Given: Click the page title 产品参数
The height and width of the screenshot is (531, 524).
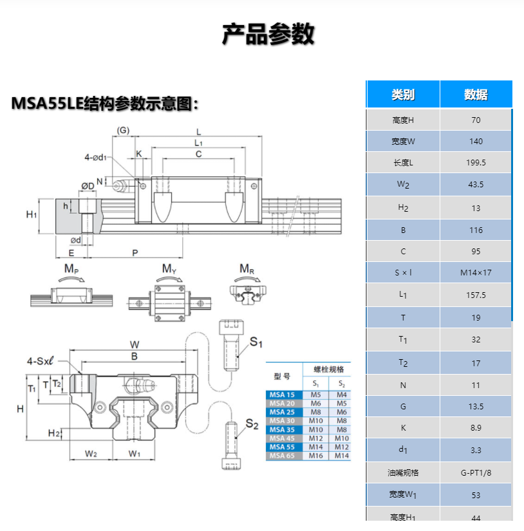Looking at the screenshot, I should pyautogui.click(x=268, y=33).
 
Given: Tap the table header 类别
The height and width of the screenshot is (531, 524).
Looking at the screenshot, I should pyautogui.click(x=403, y=95).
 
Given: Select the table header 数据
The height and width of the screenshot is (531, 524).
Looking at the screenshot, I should pyautogui.click(x=476, y=95).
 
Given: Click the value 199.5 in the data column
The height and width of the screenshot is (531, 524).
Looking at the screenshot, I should pyautogui.click(x=476, y=163).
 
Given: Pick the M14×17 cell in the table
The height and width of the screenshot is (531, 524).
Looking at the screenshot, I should pyautogui.click(x=476, y=272).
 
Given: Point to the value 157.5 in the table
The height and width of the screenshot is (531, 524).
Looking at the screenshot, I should pyautogui.click(x=476, y=295).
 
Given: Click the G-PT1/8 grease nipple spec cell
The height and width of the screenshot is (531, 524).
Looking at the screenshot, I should pyautogui.click(x=476, y=472).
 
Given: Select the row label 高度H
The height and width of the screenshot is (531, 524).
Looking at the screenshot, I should pyautogui.click(x=403, y=120).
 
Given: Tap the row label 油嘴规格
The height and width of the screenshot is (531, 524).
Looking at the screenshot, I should pyautogui.click(x=403, y=472).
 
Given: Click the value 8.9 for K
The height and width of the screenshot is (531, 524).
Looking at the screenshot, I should pyautogui.click(x=476, y=427).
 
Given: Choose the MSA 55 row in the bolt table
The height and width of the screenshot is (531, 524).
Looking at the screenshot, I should pyautogui.click(x=281, y=447).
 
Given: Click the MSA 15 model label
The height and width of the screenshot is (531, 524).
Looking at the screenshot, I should pyautogui.click(x=281, y=395).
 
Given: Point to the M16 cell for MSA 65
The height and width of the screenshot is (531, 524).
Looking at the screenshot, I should pyautogui.click(x=315, y=456).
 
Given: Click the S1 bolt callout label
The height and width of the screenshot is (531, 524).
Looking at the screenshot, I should pyautogui.click(x=256, y=342).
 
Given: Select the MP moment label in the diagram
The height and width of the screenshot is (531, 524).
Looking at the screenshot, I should pyautogui.click(x=71, y=269).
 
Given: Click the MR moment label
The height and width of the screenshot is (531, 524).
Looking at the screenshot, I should pyautogui.click(x=247, y=268).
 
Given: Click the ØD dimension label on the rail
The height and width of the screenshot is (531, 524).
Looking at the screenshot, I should pyautogui.click(x=88, y=186).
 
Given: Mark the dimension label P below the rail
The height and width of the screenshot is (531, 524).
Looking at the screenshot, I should pyautogui.click(x=135, y=253).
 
